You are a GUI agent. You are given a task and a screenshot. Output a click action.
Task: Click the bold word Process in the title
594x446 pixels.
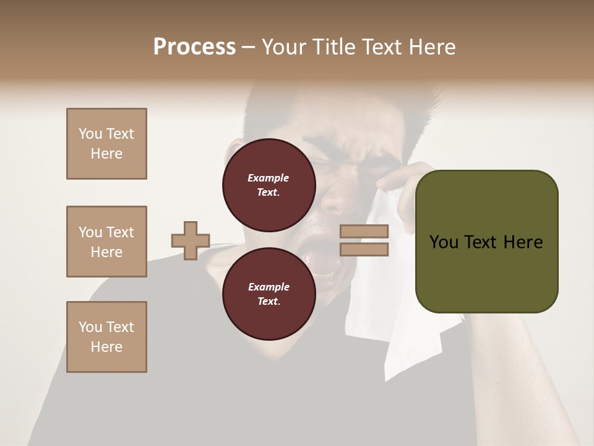(194, 47)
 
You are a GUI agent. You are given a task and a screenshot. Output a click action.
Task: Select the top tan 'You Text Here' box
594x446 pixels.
(106, 144)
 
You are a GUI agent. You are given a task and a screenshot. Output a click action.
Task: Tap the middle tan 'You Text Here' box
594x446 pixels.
(106, 242)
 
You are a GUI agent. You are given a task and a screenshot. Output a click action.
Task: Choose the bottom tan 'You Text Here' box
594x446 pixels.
(106, 337)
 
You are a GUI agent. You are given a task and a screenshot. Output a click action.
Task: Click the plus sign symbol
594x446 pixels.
(191, 240)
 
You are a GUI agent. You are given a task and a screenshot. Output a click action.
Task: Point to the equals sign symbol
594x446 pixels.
(364, 240)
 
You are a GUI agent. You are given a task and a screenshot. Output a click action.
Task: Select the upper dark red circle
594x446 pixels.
(269, 185)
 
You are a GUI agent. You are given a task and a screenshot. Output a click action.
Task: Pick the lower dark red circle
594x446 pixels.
(269, 294)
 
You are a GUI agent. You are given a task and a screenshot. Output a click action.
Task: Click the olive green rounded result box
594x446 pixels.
(486, 242)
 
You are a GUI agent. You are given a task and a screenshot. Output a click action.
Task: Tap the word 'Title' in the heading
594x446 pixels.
(335, 47)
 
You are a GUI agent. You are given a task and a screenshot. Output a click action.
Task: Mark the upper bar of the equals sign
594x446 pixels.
(364, 232)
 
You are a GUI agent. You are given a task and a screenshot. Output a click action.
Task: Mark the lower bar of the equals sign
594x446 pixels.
(364, 249)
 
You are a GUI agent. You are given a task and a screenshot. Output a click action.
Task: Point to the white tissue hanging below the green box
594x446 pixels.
(402, 347)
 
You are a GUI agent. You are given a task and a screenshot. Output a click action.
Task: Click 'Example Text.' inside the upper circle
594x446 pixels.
(269, 185)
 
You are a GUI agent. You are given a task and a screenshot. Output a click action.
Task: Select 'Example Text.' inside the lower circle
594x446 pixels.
(269, 294)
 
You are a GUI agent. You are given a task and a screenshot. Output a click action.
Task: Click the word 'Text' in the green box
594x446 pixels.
(483, 242)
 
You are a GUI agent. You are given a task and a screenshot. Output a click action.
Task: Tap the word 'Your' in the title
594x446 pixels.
(286, 47)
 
